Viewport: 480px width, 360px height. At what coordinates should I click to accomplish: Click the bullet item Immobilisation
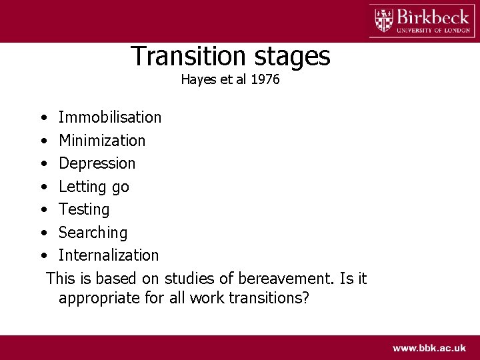110,117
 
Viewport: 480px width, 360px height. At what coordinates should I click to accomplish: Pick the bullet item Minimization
102,141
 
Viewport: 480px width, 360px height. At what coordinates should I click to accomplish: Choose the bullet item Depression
97,163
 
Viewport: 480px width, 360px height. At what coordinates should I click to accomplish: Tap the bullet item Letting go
94,187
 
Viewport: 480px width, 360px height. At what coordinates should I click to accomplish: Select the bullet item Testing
84,209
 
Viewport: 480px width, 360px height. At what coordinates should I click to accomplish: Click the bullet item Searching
93,233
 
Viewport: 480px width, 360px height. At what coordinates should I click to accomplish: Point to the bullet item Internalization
109,255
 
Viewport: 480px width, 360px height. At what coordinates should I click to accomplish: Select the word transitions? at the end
269,298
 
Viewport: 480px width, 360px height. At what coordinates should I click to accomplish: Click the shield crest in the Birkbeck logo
384,20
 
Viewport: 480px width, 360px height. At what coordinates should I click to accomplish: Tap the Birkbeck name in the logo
431,16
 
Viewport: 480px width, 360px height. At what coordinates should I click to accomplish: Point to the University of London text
433,29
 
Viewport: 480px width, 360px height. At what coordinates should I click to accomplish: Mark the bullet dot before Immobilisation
43,118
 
